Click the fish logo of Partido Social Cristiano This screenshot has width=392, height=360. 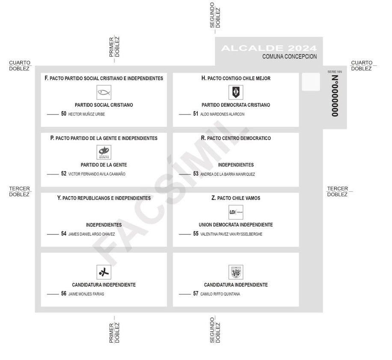tap(104, 92)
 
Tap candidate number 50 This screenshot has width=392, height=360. tap(64, 114)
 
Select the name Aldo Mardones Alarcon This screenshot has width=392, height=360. tap(223, 115)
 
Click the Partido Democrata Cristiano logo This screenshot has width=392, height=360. tap(235, 92)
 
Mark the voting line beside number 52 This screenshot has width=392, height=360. tap(52, 174)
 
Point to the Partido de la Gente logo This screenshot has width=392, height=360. tap(104, 152)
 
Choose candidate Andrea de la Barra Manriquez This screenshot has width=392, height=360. tap(227, 174)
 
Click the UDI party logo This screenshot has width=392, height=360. tap(235, 212)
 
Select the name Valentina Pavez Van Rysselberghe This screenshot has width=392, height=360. tap(231, 234)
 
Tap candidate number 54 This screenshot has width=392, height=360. tap(64, 234)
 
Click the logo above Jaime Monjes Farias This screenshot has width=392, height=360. tap(104, 272)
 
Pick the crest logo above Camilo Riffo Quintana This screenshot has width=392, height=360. tap(235, 272)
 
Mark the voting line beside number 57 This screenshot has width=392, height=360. tap(185, 294)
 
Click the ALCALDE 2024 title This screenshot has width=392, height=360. tap(269, 48)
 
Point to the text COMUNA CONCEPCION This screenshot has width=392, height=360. tap(289, 56)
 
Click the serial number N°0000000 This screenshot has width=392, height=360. tap(335, 96)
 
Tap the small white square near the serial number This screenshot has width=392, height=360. tap(311, 82)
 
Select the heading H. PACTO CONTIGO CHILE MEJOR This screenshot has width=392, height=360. tap(235, 79)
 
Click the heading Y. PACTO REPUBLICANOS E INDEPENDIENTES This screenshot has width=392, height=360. tap(104, 198)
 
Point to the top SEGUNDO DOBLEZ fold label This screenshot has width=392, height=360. tap(215, 15)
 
